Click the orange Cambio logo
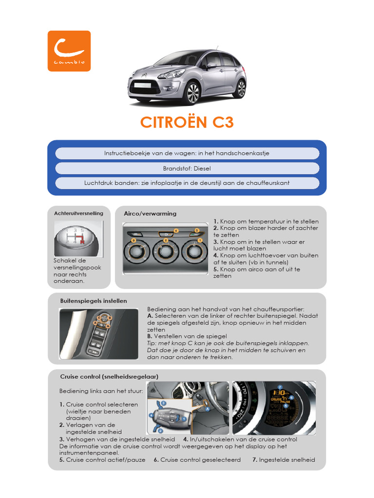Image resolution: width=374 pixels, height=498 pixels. pyautogui.click(x=69, y=51)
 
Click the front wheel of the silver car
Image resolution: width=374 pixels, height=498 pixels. pyautogui.click(x=193, y=93)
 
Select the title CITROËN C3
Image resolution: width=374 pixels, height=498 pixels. pyautogui.click(x=187, y=122)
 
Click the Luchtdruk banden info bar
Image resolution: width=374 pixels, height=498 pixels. pyautogui.click(x=187, y=183)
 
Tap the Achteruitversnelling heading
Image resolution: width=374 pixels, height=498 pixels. pyautogui.click(x=78, y=213)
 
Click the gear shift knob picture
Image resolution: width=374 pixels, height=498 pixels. pyautogui.click(x=78, y=239)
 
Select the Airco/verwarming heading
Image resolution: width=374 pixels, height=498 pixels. pyautogui.click(x=150, y=213)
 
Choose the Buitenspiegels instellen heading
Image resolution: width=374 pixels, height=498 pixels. pyautogui.click(x=93, y=301)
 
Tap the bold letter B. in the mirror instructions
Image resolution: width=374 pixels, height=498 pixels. pyautogui.click(x=150, y=336)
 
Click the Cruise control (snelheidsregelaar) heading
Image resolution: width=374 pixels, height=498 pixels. pyautogui.click(x=109, y=376)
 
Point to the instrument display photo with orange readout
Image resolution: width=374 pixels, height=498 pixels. pyautogui.click(x=274, y=408)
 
